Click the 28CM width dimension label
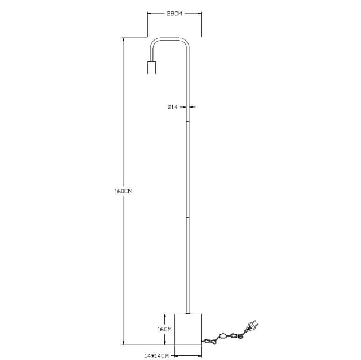point(174,14)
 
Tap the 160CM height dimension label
point(123,191)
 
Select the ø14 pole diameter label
point(172,107)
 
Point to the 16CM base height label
point(164,329)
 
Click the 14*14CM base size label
point(156,356)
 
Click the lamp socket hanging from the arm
point(151,68)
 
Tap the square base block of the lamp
point(188,329)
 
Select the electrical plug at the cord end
point(252,326)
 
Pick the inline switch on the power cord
point(223,336)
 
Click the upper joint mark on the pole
point(187,121)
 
